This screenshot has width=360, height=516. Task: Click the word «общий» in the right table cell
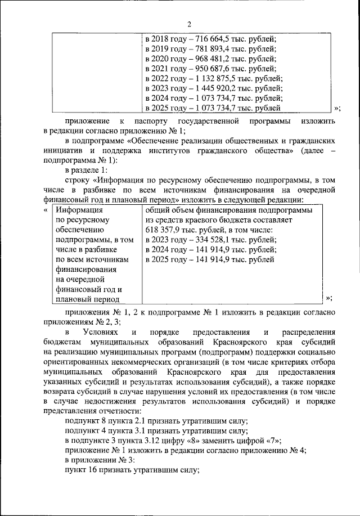tap(158, 210)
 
